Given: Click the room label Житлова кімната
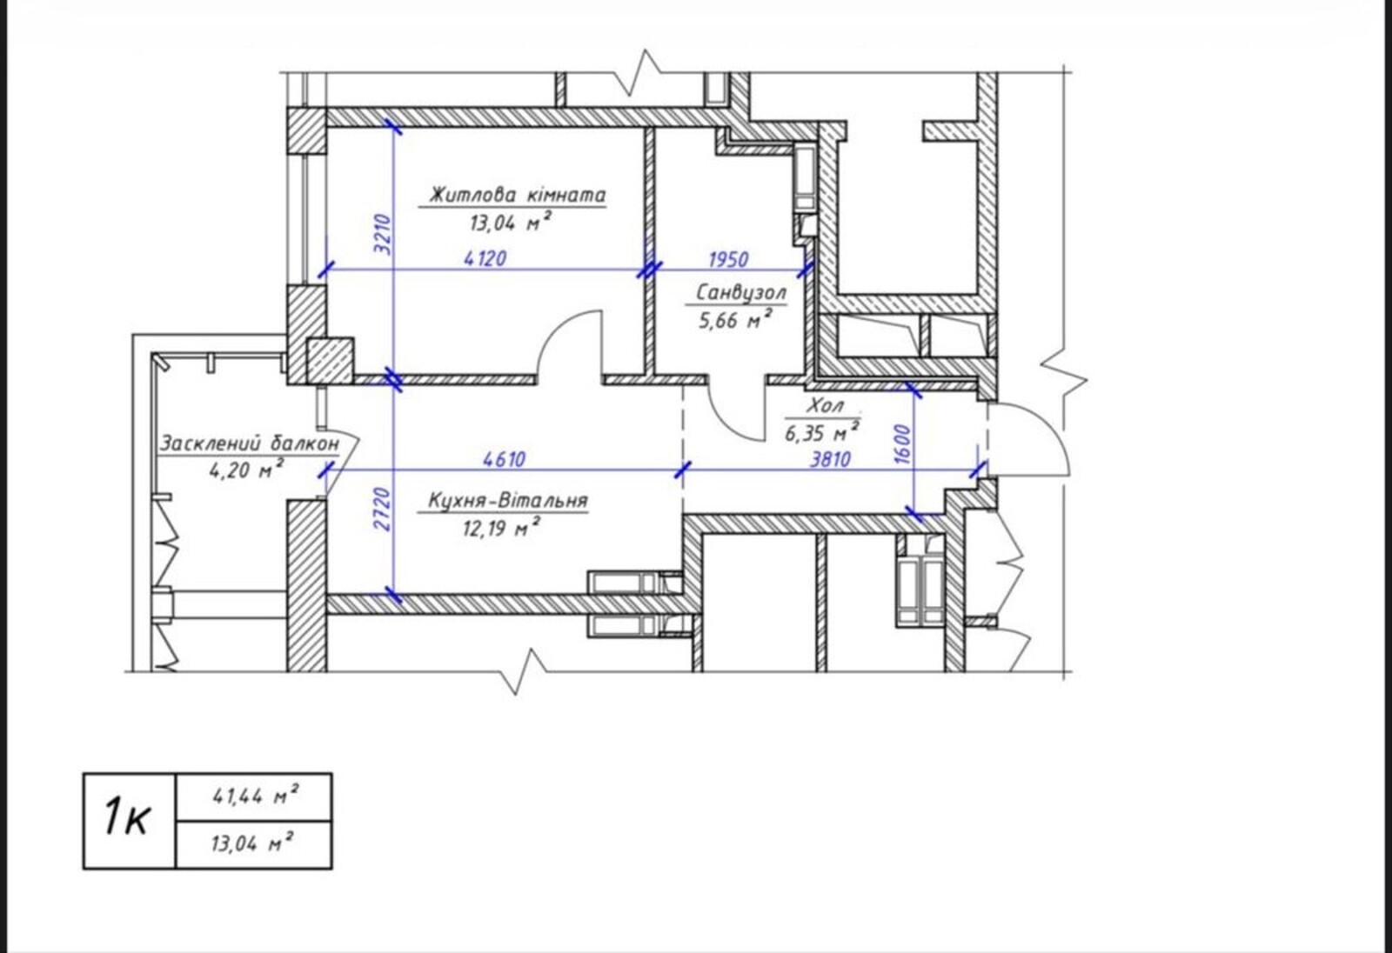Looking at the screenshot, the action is [x=517, y=195].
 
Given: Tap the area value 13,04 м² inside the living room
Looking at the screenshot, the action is [x=510, y=222].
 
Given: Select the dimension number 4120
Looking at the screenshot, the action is [x=485, y=258].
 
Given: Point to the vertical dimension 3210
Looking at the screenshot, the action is [x=384, y=234].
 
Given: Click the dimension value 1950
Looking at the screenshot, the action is [x=728, y=259].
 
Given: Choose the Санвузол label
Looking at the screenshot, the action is [x=740, y=292].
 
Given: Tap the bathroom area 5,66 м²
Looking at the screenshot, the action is [x=735, y=320].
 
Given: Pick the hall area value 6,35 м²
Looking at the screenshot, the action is [x=822, y=432].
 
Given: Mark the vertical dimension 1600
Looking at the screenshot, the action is [x=903, y=444].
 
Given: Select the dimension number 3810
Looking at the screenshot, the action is [x=830, y=460].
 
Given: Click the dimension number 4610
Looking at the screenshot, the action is [x=504, y=459].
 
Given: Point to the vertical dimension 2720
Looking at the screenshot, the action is [x=384, y=510].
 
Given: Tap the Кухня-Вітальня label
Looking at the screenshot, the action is [x=508, y=501].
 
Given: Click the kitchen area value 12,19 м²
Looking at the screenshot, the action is [x=501, y=528].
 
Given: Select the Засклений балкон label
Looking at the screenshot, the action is [x=250, y=443].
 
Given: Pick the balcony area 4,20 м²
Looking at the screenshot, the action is [x=247, y=470].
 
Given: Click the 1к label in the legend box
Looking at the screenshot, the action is [x=126, y=817].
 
